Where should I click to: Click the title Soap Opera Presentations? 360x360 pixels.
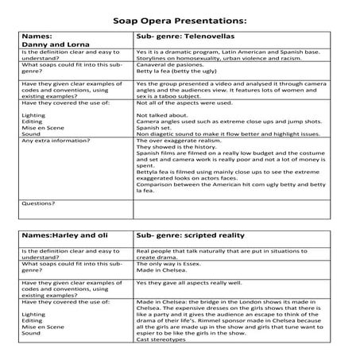coord(180,17)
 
